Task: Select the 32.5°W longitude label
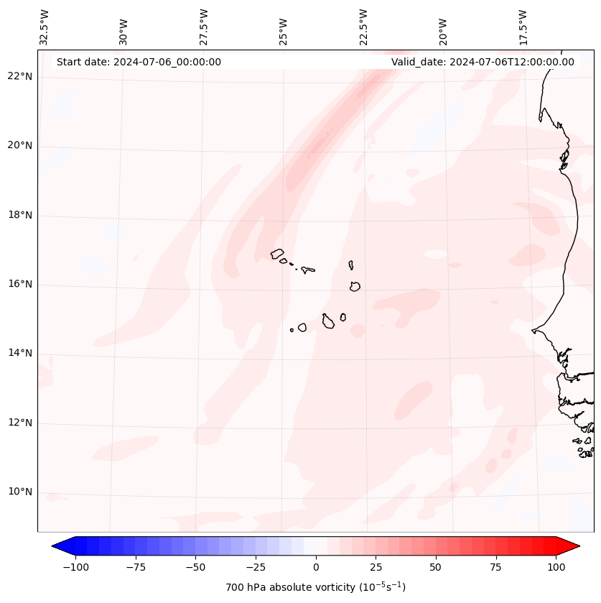pos(45,27)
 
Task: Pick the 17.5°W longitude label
pos(523,27)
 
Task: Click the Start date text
pos(139,62)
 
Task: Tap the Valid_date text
pos(483,62)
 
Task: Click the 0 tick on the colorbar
pos(316,567)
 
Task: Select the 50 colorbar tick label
pos(435,567)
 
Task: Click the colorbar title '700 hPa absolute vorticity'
pos(316,587)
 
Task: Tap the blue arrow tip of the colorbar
pos(55,547)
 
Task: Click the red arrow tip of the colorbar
pos(577,547)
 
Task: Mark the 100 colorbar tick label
pos(555,567)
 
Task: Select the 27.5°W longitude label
pos(204,27)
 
